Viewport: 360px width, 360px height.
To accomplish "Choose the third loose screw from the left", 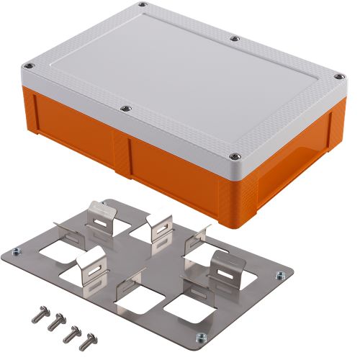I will coord(71,331).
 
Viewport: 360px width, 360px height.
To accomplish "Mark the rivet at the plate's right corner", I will coord(277,274).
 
